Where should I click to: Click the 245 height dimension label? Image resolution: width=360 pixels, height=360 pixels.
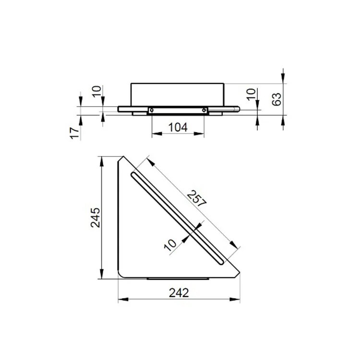coord(96,217)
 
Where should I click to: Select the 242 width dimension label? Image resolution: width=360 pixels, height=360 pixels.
coord(179,293)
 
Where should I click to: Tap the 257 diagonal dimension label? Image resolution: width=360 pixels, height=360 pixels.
coord(197,199)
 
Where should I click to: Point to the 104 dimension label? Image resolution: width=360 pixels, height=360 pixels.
coord(178,127)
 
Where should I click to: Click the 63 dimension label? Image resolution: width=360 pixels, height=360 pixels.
coord(276,99)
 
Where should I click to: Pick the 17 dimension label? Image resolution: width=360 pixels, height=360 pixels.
coord(74,133)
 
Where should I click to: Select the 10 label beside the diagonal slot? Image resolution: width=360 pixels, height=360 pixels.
coord(170,245)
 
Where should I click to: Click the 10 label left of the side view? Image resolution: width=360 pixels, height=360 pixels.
coord(96,91)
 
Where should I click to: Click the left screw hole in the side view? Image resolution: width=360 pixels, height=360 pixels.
coord(152,110)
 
